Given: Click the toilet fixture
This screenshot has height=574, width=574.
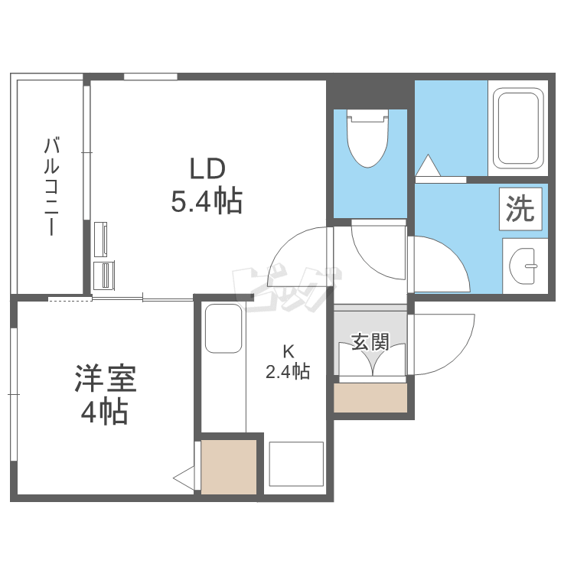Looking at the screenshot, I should (x=367, y=142).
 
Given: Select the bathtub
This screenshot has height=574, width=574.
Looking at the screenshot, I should (x=518, y=128).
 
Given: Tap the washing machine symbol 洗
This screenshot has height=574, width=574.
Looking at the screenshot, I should (x=521, y=208).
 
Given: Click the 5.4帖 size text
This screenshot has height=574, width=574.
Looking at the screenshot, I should (x=207, y=201).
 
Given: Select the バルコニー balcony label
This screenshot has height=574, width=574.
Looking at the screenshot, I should (x=52, y=186).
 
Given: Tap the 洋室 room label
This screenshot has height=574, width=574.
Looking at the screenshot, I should (x=106, y=380).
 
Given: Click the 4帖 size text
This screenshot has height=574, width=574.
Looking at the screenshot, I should (x=105, y=413).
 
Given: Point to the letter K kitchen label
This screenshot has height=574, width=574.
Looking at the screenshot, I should (x=289, y=352).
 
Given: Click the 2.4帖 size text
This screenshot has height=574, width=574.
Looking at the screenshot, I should (x=288, y=373).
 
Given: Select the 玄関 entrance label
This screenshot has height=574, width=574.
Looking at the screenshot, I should (x=370, y=341).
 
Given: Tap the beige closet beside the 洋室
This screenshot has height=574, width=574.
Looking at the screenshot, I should (x=229, y=466).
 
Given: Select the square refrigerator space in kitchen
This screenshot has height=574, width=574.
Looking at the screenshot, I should (x=296, y=464).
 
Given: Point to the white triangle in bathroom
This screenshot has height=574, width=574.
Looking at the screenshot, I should (x=426, y=165).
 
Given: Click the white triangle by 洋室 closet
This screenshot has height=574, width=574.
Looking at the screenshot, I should (x=184, y=478).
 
